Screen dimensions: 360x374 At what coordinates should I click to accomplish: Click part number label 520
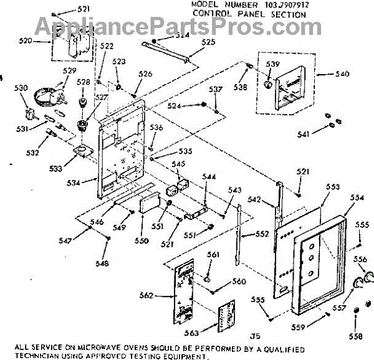[x=25, y=41]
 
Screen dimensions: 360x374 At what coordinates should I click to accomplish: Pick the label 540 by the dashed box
[x=342, y=74]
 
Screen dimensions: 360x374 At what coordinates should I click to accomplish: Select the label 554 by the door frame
[x=357, y=197]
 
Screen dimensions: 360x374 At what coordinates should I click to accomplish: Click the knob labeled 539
[x=269, y=84]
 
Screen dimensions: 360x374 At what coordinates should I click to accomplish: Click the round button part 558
[x=356, y=313]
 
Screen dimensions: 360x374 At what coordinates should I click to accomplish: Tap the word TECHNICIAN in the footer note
[x=26, y=356]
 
